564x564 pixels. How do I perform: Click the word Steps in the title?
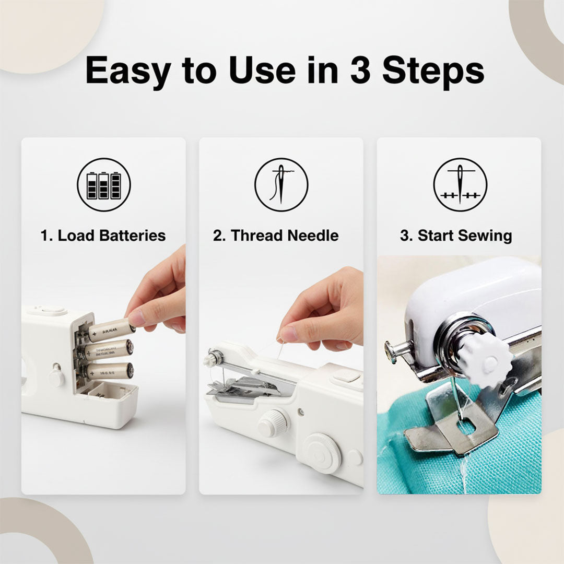(433, 70)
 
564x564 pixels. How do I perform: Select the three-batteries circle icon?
(104, 185)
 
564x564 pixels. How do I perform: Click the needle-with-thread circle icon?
(281, 185)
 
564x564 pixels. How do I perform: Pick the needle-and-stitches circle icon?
(460, 185)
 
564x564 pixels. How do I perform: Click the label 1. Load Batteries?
(103, 236)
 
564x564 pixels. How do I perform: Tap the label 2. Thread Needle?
(276, 236)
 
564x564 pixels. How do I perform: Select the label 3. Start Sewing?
(456, 236)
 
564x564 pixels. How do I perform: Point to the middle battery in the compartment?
(108, 350)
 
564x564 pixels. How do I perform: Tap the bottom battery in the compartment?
(109, 371)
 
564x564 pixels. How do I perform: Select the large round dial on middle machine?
(321, 453)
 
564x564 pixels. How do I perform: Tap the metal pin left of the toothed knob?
(398, 349)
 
